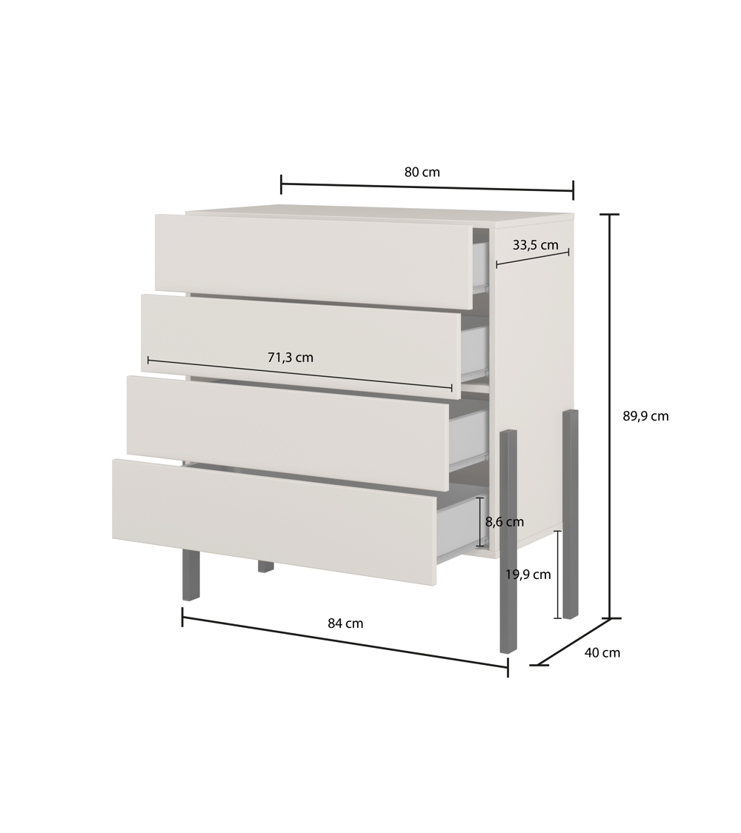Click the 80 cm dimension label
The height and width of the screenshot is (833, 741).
point(422,172)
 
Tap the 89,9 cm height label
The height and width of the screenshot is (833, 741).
point(645,416)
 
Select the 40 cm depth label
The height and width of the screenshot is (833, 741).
point(602,652)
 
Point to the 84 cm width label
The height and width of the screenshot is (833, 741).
point(345,623)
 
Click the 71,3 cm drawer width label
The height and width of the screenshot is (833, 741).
point(290,358)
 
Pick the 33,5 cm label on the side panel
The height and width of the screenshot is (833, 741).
point(535,245)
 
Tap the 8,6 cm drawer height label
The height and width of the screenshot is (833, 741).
point(505,522)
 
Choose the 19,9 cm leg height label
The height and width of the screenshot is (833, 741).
point(528,575)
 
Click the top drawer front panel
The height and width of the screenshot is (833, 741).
point(314,261)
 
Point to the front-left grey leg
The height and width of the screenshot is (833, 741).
point(190,575)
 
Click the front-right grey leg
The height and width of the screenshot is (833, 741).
point(508,541)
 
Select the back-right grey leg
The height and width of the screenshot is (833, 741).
point(571,514)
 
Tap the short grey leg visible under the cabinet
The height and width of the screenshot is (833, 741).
point(266,566)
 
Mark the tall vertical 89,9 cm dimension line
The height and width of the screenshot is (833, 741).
point(610,416)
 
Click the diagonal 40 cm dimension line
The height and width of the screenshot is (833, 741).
point(572,642)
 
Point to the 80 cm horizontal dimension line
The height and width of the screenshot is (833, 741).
point(428,187)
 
